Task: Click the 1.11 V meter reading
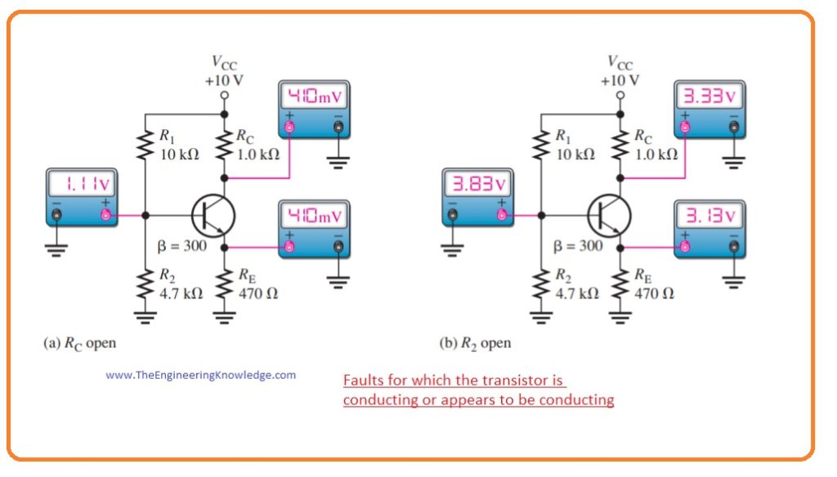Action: pos(80,186)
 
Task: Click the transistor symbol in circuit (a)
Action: pos(213,216)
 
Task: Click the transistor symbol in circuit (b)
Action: pos(608,216)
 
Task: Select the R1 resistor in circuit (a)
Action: pos(145,145)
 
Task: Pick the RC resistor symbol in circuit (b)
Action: pos(621,145)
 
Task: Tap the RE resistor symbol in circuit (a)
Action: pos(226,284)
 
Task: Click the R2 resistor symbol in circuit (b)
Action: pos(540,284)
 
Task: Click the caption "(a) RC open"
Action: pos(79,343)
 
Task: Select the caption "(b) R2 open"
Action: pos(476,343)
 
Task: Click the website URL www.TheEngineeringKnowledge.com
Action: pos(201,375)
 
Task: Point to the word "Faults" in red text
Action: pos(361,381)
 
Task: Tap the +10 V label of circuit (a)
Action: pos(224,81)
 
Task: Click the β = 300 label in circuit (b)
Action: pos(578,246)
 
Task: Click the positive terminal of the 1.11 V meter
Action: pos(105,216)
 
